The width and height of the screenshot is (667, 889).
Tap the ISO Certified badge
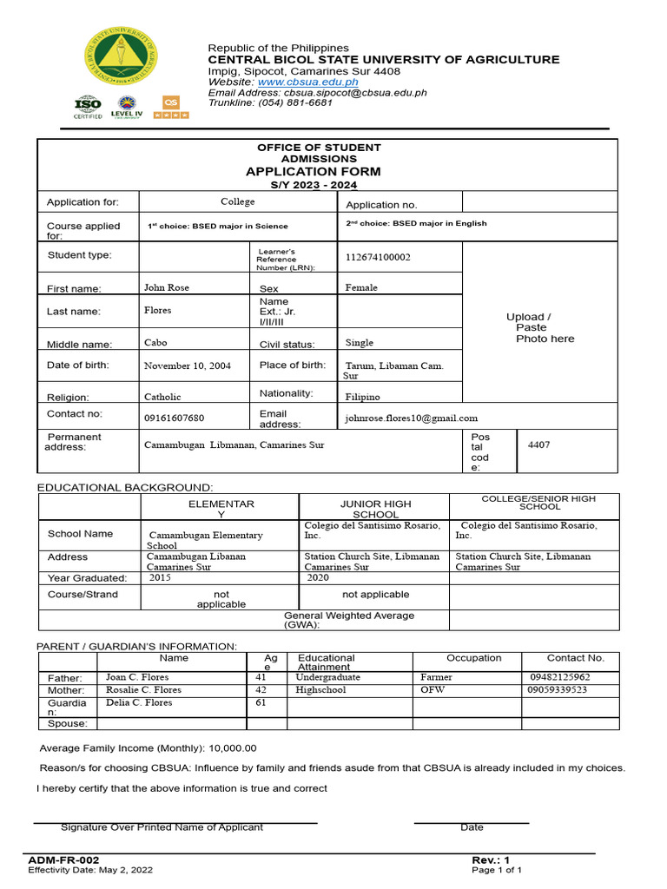(88, 108)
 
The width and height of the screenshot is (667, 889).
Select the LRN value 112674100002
(378, 258)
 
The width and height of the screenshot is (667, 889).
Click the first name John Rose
(166, 287)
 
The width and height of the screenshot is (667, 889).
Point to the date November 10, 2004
(188, 366)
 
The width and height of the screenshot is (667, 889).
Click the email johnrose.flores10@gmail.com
(412, 418)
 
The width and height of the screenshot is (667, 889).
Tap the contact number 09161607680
(174, 418)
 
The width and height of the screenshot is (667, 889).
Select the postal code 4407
(538, 445)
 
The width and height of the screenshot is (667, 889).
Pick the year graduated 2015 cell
(160, 577)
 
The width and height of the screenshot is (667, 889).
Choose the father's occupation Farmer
(436, 677)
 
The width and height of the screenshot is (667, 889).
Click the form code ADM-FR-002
(58, 859)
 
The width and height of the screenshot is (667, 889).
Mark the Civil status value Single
(365, 343)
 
